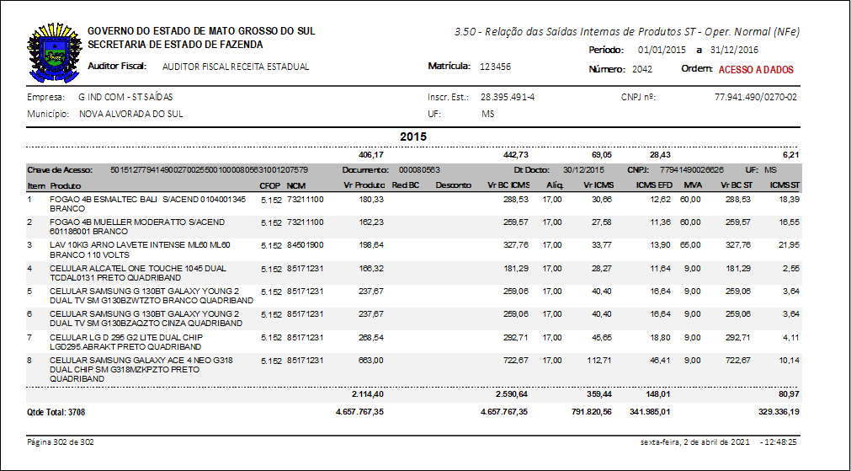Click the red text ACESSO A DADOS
click(756, 70)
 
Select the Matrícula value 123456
click(495, 66)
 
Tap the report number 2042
click(642, 70)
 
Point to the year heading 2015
click(413, 136)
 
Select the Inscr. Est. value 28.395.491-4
click(508, 97)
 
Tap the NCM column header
click(295, 185)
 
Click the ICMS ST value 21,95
click(786, 245)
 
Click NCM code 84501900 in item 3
click(305, 245)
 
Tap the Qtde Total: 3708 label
click(56, 413)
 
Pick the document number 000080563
click(419, 169)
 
